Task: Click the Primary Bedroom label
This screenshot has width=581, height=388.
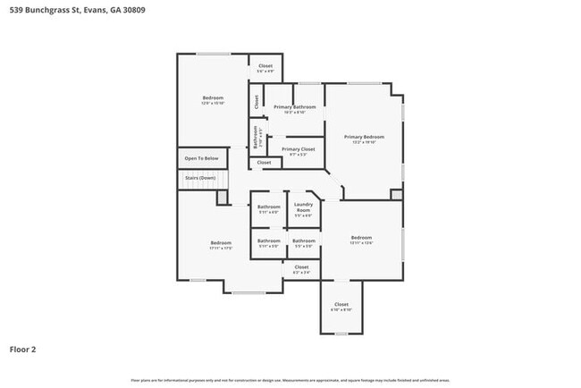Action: click(364, 136)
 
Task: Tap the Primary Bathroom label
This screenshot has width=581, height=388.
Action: click(295, 107)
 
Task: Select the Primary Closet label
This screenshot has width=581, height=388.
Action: click(298, 149)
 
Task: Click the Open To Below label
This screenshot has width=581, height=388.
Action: click(201, 158)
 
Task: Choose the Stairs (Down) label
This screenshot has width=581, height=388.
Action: click(200, 178)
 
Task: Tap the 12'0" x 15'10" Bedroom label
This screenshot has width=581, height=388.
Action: click(213, 97)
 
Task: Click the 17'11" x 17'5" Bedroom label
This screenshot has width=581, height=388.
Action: click(221, 243)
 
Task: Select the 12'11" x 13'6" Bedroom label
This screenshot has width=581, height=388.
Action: click(361, 238)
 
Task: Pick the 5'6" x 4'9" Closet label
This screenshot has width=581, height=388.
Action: click(265, 66)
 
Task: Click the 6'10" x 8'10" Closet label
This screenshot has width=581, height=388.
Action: click(341, 305)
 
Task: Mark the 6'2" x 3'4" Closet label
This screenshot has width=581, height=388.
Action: click(301, 267)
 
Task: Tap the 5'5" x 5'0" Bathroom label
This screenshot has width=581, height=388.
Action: click(303, 240)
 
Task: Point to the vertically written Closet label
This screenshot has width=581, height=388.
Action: click(257, 102)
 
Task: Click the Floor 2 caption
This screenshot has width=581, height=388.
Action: click(23, 350)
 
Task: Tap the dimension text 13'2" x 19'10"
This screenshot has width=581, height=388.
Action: click(364, 141)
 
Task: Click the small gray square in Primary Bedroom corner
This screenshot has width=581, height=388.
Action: click(397, 194)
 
